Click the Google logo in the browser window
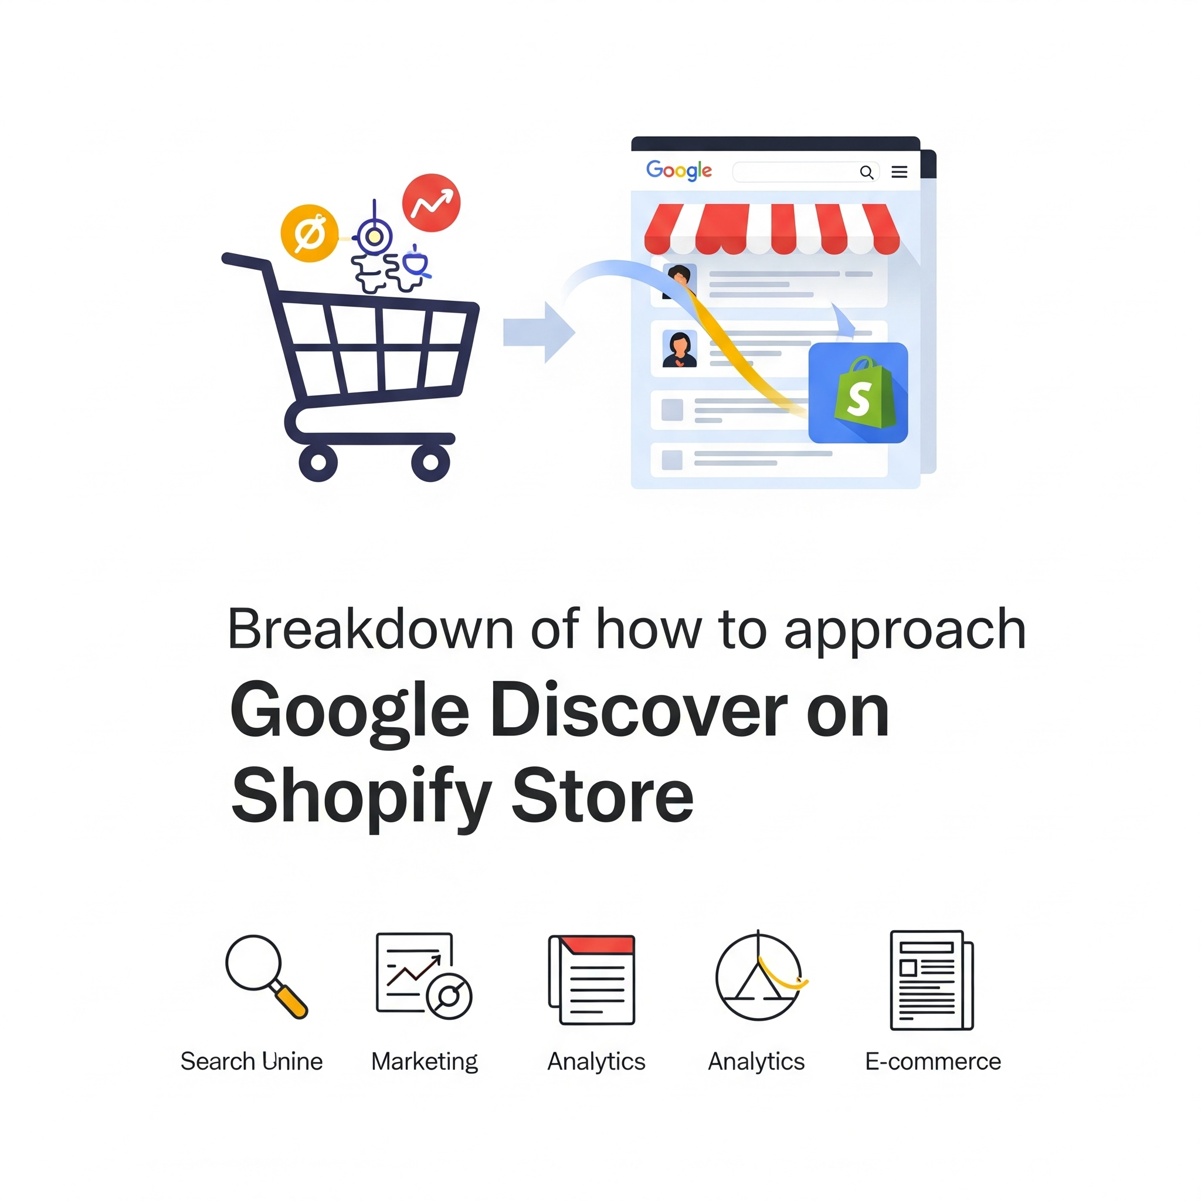[x=678, y=170]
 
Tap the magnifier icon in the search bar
[x=867, y=172]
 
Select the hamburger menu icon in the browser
[x=899, y=172]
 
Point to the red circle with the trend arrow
[x=432, y=203]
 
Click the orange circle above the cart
[x=310, y=234]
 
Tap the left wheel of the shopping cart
[x=318, y=462]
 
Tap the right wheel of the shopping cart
[x=430, y=462]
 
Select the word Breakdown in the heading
[x=371, y=629]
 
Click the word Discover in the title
[x=639, y=710]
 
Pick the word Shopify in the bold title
[x=361, y=796]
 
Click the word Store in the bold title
[x=602, y=795]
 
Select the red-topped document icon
[x=592, y=979]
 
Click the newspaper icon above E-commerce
[x=931, y=980]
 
